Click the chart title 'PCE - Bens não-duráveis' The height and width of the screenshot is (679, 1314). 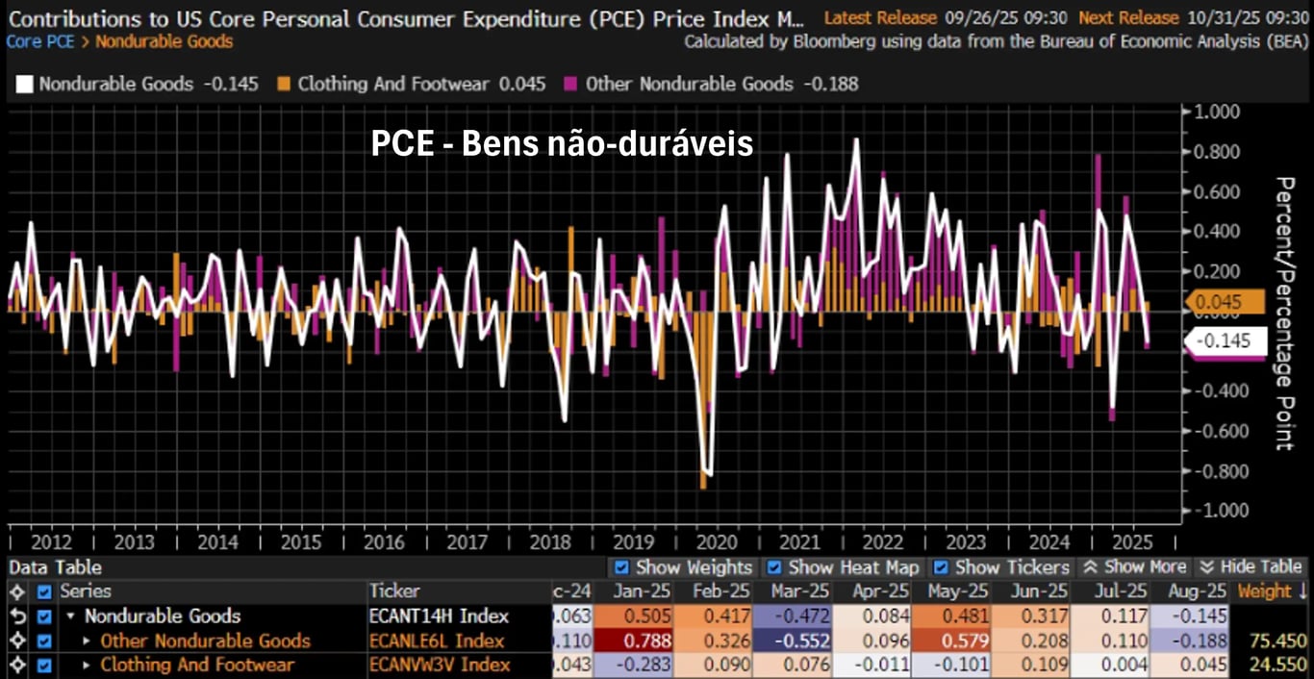click(562, 144)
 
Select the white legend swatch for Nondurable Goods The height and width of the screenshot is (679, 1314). click(24, 84)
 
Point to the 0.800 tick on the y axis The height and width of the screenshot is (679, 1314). click(1214, 152)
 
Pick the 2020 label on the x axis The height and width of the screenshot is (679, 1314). click(718, 542)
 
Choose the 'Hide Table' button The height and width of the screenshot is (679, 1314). click(1251, 567)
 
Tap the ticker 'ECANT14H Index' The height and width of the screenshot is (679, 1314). click(439, 616)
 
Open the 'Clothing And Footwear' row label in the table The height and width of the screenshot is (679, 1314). click(197, 665)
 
